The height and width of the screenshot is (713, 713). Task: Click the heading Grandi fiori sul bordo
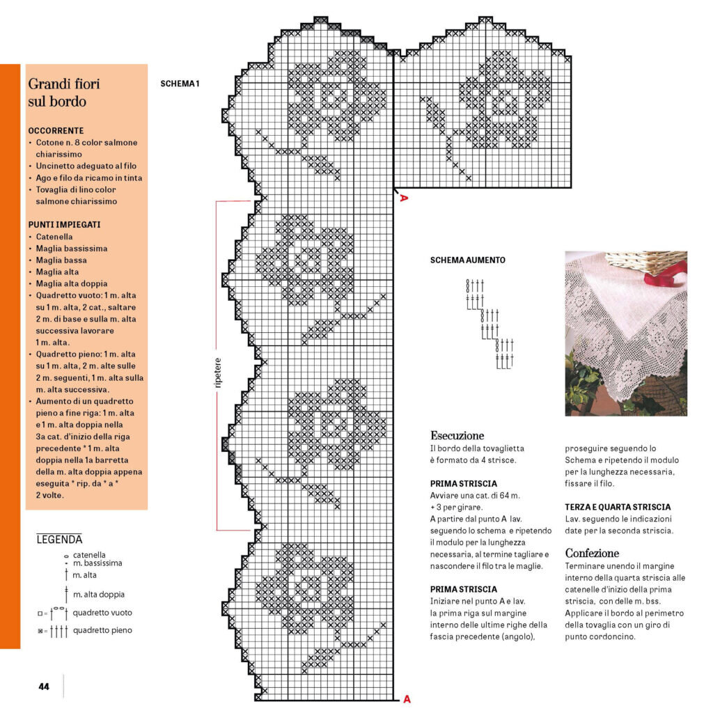[x=64, y=92]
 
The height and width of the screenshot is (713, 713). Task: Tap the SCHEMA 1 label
[x=180, y=84]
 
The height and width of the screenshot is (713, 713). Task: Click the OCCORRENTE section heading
[x=56, y=130]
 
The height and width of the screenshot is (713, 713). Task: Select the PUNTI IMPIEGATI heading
[x=65, y=225]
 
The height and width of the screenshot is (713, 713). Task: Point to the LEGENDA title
[x=59, y=539]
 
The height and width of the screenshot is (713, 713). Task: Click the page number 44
[x=44, y=686]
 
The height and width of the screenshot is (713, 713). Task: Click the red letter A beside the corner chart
[x=402, y=198]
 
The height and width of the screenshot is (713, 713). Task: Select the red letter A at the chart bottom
[x=407, y=699]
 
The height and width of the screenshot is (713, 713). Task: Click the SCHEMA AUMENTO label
[x=468, y=260]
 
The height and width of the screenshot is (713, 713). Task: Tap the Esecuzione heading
[x=457, y=435]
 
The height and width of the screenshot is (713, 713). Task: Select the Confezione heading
[x=592, y=553]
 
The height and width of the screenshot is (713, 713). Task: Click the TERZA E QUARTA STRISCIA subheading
[x=618, y=507]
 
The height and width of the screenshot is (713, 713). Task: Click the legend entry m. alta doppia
[x=99, y=594]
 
